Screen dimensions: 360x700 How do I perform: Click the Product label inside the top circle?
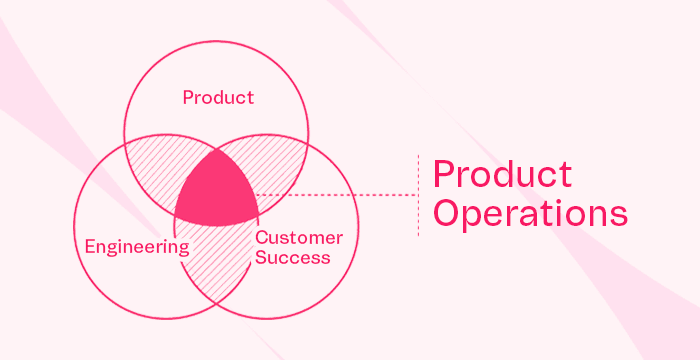click(x=218, y=98)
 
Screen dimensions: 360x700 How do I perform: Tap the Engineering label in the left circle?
click(x=137, y=247)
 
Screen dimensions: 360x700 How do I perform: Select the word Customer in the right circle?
click(x=299, y=238)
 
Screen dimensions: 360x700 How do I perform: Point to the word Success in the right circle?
click(x=292, y=257)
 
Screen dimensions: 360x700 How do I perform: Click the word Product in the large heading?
click(x=502, y=174)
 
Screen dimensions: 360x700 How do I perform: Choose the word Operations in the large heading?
click(x=530, y=214)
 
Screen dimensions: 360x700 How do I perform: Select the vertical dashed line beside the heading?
click(x=417, y=195)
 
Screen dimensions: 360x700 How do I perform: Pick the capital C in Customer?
click(x=261, y=238)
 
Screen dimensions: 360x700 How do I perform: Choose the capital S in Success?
click(x=260, y=257)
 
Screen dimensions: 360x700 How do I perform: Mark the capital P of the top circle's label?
click(x=187, y=98)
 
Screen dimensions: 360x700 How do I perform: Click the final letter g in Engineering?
click(x=183, y=249)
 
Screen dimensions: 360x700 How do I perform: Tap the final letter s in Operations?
click(x=619, y=216)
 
